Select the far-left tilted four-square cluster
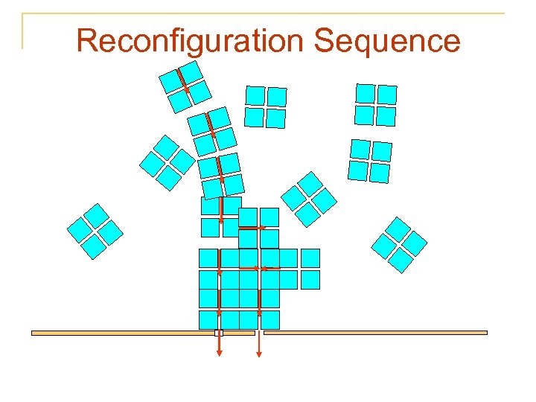(95, 231)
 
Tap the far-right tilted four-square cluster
(399, 244)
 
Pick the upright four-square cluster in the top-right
(375, 104)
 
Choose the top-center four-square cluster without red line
(266, 106)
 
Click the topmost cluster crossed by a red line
(185, 86)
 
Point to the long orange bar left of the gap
(122, 333)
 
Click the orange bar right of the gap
(375, 333)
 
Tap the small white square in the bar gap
(219, 333)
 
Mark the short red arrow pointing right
(253, 227)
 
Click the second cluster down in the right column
(370, 161)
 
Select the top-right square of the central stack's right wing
(310, 258)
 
